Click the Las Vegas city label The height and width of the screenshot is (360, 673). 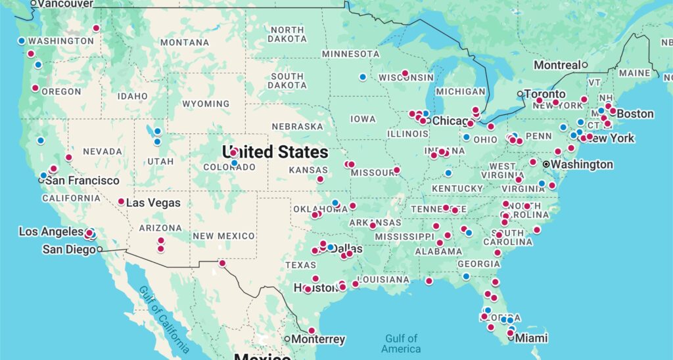click(152, 202)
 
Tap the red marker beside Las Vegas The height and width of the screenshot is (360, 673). click(121, 202)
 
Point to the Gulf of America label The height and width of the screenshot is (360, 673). click(401, 344)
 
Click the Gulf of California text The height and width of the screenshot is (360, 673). click(164, 319)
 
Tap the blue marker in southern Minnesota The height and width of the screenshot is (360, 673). click(363, 77)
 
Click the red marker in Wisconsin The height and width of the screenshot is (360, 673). click(405, 73)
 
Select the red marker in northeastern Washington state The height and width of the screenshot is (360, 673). click(96, 28)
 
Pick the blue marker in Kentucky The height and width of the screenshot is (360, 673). click(448, 173)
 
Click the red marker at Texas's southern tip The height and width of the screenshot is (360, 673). click(312, 330)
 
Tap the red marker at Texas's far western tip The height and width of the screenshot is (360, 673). click(222, 263)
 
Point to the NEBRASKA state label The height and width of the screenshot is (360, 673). click(298, 126)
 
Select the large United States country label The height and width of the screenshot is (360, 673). click(275, 152)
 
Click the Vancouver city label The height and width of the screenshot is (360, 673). click(65, 4)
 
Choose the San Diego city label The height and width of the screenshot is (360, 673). click(70, 249)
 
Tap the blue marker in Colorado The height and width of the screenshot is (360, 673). click(234, 163)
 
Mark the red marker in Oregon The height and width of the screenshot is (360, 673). click(35, 88)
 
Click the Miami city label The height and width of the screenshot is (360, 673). click(532, 338)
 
